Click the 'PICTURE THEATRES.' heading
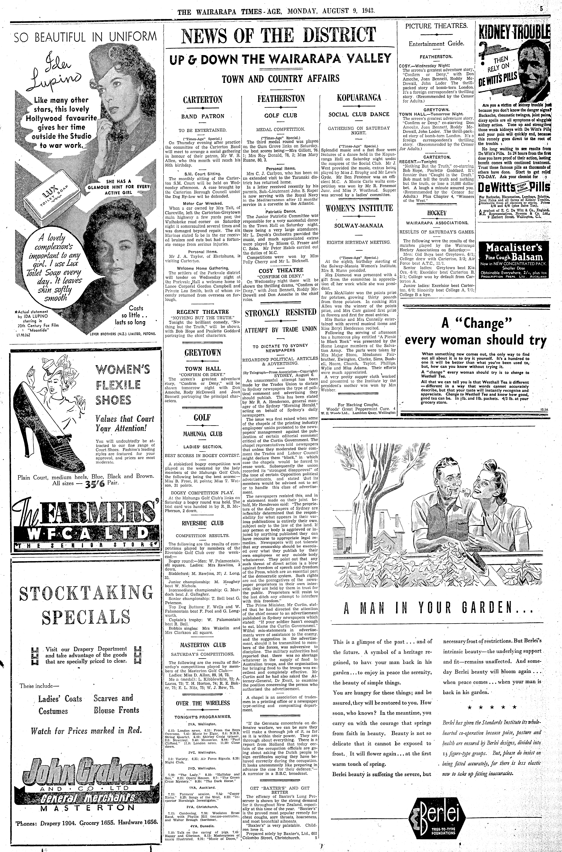[x=436, y=26]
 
